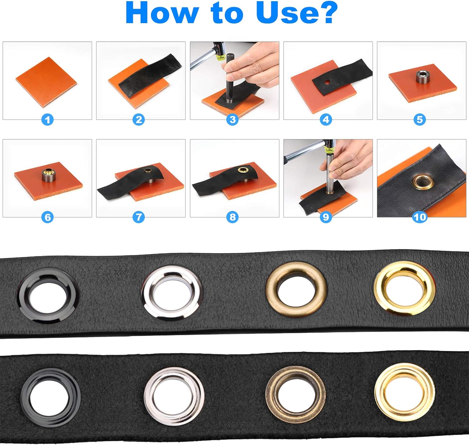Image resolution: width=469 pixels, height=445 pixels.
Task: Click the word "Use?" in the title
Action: (x=297, y=13)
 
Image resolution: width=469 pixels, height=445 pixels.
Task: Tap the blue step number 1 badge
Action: (x=48, y=119)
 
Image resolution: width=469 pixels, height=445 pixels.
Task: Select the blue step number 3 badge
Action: (x=232, y=119)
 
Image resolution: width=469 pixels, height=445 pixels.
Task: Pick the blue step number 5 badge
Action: (x=420, y=119)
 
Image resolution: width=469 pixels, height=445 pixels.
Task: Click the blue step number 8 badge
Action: (x=232, y=217)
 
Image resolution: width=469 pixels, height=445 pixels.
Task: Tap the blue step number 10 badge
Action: (x=420, y=217)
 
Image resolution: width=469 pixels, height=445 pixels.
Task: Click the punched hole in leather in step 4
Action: (x=327, y=82)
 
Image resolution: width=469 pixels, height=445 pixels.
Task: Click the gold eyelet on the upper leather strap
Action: (x=404, y=289)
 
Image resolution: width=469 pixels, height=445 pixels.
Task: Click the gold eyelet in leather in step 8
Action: (x=242, y=170)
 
